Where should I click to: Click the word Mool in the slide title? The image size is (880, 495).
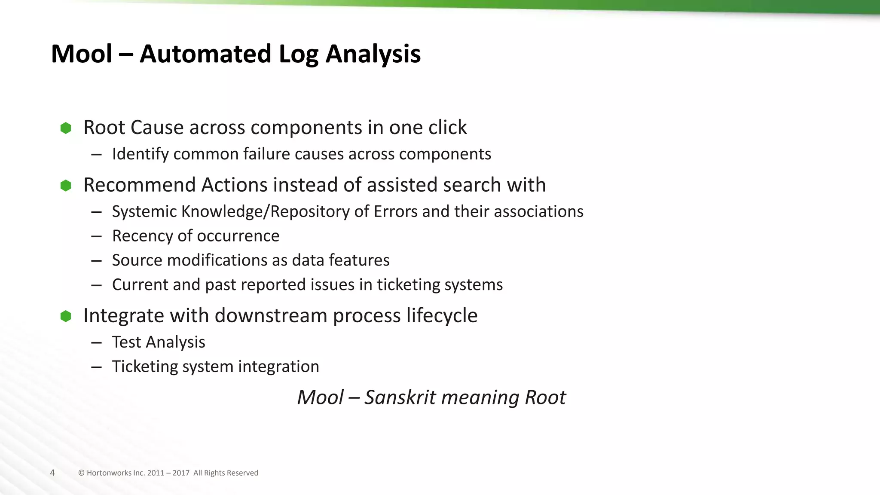coord(82,54)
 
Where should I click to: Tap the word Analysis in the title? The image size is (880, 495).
coord(373,54)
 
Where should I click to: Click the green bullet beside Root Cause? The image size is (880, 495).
coord(66,128)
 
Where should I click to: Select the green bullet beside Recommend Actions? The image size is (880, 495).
coord(66,186)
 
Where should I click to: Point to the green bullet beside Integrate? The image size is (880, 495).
coord(66,316)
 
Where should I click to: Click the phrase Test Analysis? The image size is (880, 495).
coord(159,342)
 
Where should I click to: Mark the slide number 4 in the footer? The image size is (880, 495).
coord(52,473)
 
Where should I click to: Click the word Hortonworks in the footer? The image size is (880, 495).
coord(109,473)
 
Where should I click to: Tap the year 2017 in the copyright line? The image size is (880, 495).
coord(181,473)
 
